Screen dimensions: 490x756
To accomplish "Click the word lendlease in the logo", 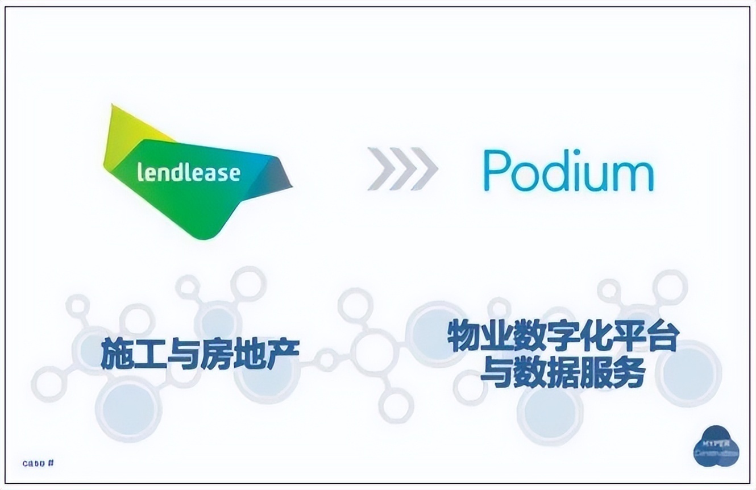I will coord(189,172).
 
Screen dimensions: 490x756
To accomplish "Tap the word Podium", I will coord(568,170).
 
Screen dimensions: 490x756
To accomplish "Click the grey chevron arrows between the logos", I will coord(402,169).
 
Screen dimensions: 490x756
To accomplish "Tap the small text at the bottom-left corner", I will coord(38,463).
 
